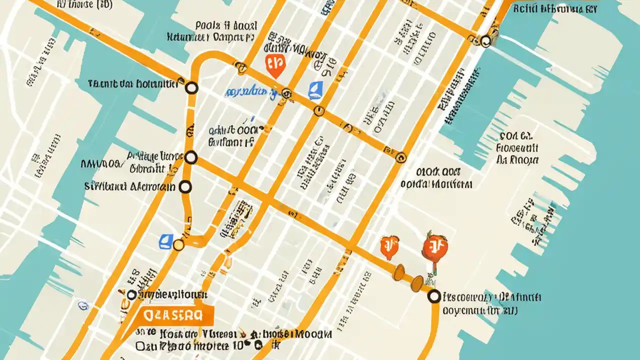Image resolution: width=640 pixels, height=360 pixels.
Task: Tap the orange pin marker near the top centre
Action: tap(273, 65)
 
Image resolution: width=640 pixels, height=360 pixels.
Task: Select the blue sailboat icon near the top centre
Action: tap(315, 90)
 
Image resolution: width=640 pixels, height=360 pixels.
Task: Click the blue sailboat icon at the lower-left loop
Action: tap(165, 241)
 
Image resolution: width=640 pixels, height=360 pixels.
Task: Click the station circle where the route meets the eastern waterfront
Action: tap(434, 296)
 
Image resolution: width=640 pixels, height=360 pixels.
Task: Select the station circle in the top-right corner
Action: tap(485, 41)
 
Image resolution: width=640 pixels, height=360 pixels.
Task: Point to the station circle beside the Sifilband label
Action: tap(185, 187)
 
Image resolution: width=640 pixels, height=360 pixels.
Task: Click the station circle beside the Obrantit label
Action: tap(190, 158)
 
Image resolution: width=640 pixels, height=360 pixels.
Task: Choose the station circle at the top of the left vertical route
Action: tap(191, 88)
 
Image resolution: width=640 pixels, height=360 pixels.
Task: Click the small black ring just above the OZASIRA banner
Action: tap(131, 295)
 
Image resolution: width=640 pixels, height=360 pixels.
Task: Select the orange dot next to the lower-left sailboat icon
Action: tap(178, 244)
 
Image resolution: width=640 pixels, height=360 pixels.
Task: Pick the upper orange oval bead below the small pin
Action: tap(399, 272)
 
